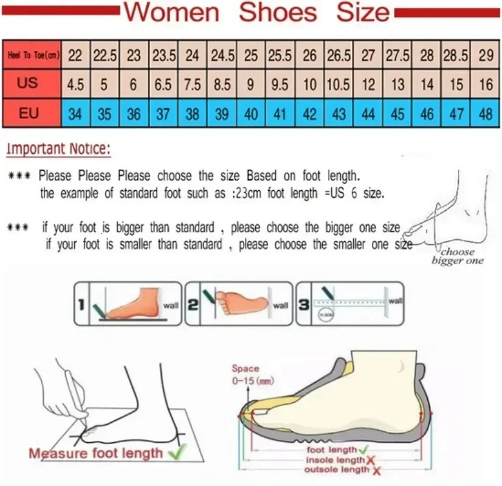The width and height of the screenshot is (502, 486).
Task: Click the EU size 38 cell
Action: click(x=192, y=114)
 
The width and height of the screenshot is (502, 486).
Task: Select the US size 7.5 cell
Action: click(x=192, y=84)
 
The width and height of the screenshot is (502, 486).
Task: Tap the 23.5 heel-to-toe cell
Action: click(x=163, y=55)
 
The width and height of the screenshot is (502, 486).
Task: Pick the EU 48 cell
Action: click(x=486, y=114)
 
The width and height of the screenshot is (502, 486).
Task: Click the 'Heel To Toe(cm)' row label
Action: click(x=33, y=56)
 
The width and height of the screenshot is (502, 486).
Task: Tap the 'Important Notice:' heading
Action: click(x=59, y=149)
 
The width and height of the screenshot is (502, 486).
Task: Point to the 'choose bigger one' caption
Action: click(x=458, y=256)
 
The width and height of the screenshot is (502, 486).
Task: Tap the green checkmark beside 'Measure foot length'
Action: click(x=177, y=451)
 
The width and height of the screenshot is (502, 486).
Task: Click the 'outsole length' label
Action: click(x=338, y=470)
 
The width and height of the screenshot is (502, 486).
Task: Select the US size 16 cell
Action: click(x=486, y=84)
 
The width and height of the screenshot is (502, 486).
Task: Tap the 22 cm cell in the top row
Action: click(x=75, y=55)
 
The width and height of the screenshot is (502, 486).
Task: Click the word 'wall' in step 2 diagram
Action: click(x=280, y=306)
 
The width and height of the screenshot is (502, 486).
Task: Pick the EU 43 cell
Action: click(x=339, y=114)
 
